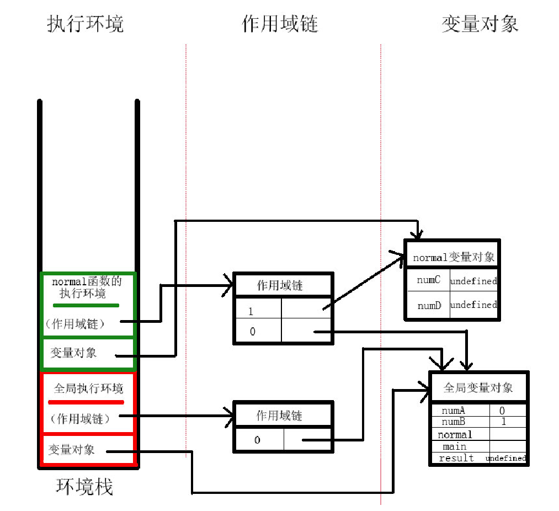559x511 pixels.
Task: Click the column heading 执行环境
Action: point(86,24)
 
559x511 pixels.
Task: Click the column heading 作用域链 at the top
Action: point(280,24)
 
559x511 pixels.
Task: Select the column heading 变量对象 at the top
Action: point(480,24)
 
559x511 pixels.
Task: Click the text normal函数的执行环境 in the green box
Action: point(86,288)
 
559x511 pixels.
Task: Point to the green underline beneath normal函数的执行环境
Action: point(86,305)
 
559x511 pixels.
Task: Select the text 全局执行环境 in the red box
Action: point(88,389)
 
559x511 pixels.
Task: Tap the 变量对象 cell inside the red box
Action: point(71,449)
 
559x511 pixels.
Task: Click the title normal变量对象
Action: point(453,258)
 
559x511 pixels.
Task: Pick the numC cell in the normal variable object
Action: point(428,280)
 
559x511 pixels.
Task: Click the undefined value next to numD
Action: point(473,305)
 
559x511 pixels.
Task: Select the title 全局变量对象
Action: point(478,387)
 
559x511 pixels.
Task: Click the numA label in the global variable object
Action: point(453,411)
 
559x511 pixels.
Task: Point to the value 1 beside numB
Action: point(503,421)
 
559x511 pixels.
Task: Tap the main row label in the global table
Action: point(454,446)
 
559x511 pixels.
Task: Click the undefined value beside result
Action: point(505,459)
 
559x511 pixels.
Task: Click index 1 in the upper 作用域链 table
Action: point(251,312)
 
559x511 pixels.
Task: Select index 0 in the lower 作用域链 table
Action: point(257,440)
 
